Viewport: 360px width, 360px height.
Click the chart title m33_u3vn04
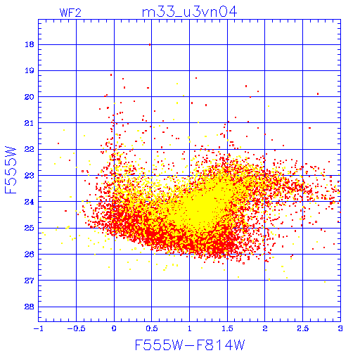189,12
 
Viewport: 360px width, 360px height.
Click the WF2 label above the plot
70,13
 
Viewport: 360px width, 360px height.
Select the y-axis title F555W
11,170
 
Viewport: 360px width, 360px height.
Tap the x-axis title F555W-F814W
190,345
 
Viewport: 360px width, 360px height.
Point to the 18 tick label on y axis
30,44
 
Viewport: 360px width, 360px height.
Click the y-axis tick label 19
30,70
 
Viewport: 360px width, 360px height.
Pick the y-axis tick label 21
30,123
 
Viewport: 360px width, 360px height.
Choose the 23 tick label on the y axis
30,175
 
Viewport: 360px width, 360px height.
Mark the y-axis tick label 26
30,254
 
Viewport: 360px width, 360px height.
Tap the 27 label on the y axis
30,281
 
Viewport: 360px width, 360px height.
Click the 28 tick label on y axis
30,307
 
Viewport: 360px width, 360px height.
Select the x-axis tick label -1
38,328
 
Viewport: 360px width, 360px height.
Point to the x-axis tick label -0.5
76,328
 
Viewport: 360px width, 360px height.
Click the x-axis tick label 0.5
152,328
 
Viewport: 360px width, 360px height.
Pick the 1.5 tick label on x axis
227,328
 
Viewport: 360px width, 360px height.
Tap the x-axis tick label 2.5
302,328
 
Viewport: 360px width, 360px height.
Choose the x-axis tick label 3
340,328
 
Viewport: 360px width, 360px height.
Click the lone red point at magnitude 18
150,44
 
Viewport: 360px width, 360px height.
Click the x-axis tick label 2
265,328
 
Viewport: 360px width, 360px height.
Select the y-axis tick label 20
30,97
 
